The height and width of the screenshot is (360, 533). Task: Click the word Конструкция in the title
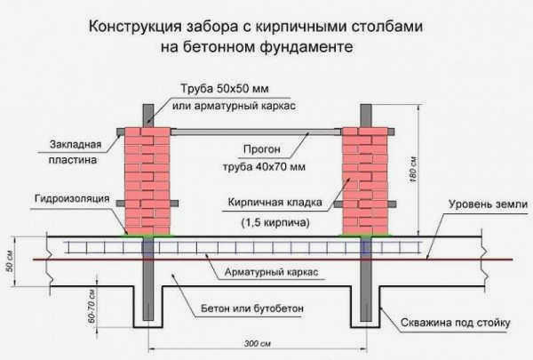tap(135, 27)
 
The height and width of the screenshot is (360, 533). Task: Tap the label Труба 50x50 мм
tap(225, 89)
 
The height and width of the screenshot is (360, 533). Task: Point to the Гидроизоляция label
tap(72, 198)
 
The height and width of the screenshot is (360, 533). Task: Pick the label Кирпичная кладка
tap(274, 203)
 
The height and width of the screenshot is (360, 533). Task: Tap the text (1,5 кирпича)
tap(275, 222)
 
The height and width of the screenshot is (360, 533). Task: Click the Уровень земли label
tap(488, 204)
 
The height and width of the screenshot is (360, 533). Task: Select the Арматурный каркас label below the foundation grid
tap(271, 272)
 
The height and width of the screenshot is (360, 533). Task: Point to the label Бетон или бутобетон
tap(252, 308)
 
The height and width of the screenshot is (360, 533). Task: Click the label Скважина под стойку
tap(456, 323)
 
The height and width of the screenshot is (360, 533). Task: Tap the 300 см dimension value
tap(258, 344)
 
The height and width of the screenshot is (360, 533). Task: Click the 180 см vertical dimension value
tap(414, 171)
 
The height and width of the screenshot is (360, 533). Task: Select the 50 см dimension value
tap(10, 261)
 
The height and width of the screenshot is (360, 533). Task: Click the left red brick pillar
tap(147, 181)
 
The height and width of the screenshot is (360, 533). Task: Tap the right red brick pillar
tap(365, 181)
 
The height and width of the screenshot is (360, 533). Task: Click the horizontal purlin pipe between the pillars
tap(256, 132)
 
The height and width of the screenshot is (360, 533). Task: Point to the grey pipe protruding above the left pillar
tap(148, 116)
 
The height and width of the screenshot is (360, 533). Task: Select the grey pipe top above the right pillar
tap(366, 116)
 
